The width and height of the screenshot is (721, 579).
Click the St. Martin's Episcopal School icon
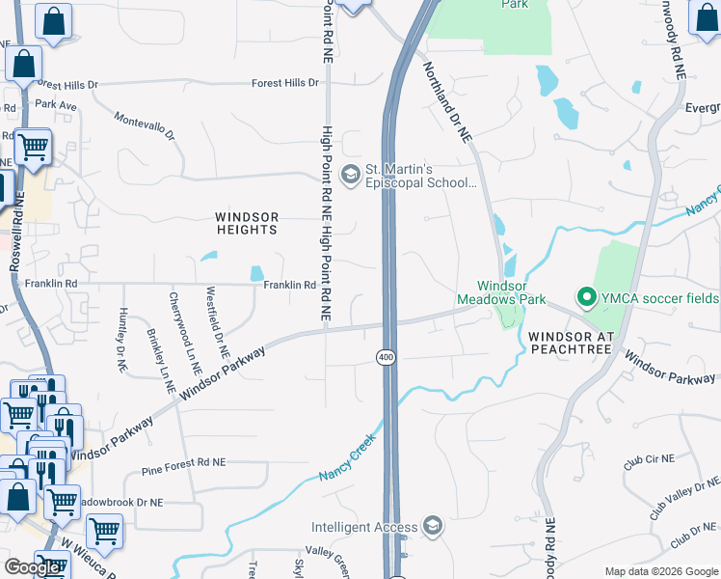pos(351,174)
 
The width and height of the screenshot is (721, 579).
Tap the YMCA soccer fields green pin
pos(584,298)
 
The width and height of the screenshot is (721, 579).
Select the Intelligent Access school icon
pos(434,527)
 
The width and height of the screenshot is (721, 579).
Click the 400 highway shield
pos(386,358)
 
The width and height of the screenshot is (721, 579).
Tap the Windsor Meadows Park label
pos(513,292)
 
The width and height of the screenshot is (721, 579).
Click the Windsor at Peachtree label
pos(571,342)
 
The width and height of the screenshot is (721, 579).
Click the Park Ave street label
pos(55,104)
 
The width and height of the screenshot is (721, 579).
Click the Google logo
pos(32,568)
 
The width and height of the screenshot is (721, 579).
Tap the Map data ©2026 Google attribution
pos(660,571)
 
